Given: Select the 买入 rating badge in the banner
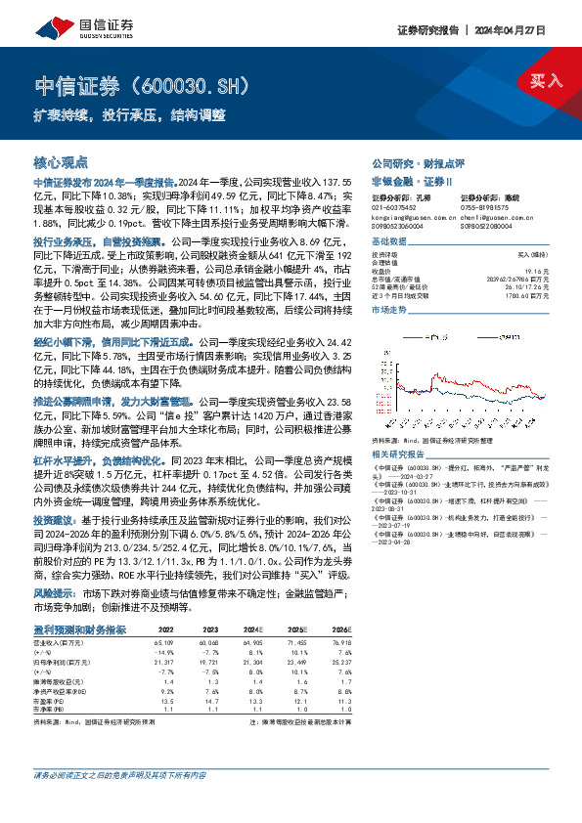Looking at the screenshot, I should coord(546,80).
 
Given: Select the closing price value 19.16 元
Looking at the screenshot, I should coord(550,270).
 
